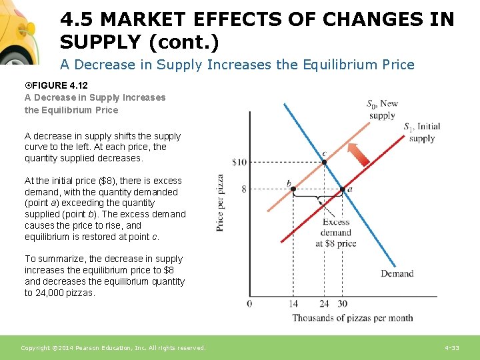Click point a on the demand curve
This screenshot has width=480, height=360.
(342, 189)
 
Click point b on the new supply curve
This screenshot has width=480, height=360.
(293, 189)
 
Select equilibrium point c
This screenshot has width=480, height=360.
(324, 161)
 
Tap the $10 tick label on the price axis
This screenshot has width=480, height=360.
(239, 162)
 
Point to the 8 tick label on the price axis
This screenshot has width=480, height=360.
(243, 189)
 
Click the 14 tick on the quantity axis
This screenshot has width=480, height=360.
(294, 304)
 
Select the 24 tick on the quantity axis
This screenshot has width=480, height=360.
(324, 304)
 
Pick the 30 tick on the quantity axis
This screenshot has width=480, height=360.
(342, 304)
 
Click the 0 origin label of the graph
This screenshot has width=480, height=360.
(249, 304)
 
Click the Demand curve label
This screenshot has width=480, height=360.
(397, 273)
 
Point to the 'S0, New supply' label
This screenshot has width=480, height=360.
(382, 109)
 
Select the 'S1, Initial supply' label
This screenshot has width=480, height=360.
(421, 133)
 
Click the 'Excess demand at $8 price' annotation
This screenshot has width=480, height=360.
(335, 233)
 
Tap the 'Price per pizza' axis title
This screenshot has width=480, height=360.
(221, 203)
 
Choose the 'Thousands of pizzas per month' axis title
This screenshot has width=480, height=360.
(352, 318)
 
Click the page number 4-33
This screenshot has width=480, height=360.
(451, 348)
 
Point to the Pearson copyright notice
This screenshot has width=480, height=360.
(113, 348)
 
